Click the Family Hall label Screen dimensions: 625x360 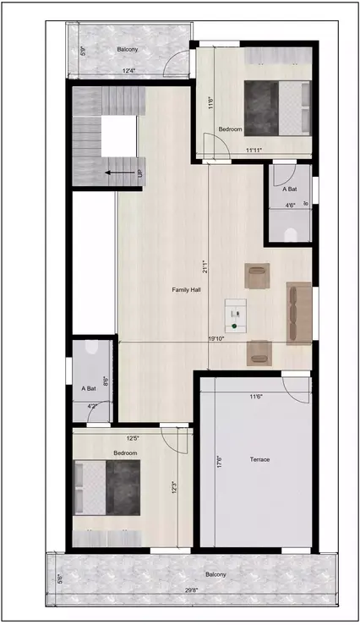[x=186, y=290]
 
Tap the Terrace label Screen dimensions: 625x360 [x=259, y=459]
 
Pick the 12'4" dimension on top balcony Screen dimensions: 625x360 [x=128, y=70]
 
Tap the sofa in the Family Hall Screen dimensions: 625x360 [x=298, y=312]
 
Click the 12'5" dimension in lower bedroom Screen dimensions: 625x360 [x=133, y=438]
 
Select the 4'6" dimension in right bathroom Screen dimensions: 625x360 [x=290, y=206]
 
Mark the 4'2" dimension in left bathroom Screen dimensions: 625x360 [x=93, y=406]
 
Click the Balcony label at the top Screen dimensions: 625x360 [x=128, y=49]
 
